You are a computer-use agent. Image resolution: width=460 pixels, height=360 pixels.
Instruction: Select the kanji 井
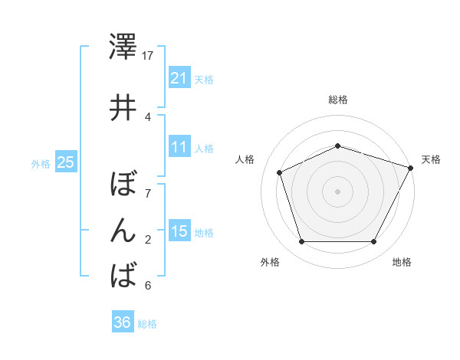123,108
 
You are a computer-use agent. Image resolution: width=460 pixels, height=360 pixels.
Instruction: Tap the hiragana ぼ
123,185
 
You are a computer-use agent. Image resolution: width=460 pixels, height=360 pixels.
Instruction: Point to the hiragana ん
123,230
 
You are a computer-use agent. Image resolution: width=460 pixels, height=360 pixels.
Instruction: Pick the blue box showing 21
179,78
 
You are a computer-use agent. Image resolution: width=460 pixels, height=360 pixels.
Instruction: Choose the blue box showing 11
179,147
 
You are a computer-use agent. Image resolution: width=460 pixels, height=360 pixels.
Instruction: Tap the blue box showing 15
179,231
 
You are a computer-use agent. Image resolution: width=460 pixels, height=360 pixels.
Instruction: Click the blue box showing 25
65,162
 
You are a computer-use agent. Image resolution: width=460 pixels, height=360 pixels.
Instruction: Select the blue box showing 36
122,322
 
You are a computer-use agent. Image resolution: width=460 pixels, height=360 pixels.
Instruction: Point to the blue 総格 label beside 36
147,324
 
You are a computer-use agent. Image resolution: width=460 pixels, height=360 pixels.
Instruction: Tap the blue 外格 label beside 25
41,163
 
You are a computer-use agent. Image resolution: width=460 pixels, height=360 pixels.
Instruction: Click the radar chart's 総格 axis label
337,100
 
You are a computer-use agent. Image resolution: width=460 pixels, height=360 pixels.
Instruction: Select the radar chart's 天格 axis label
431,159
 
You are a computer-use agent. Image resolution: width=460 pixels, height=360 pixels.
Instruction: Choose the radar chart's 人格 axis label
245,159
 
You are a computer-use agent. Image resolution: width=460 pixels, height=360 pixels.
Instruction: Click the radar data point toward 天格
412,167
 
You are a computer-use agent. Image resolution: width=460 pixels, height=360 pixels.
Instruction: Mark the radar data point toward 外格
301,242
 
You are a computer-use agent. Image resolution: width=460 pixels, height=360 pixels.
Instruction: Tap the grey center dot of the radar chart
337,191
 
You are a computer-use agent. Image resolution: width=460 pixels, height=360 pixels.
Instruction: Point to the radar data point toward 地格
374,242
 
